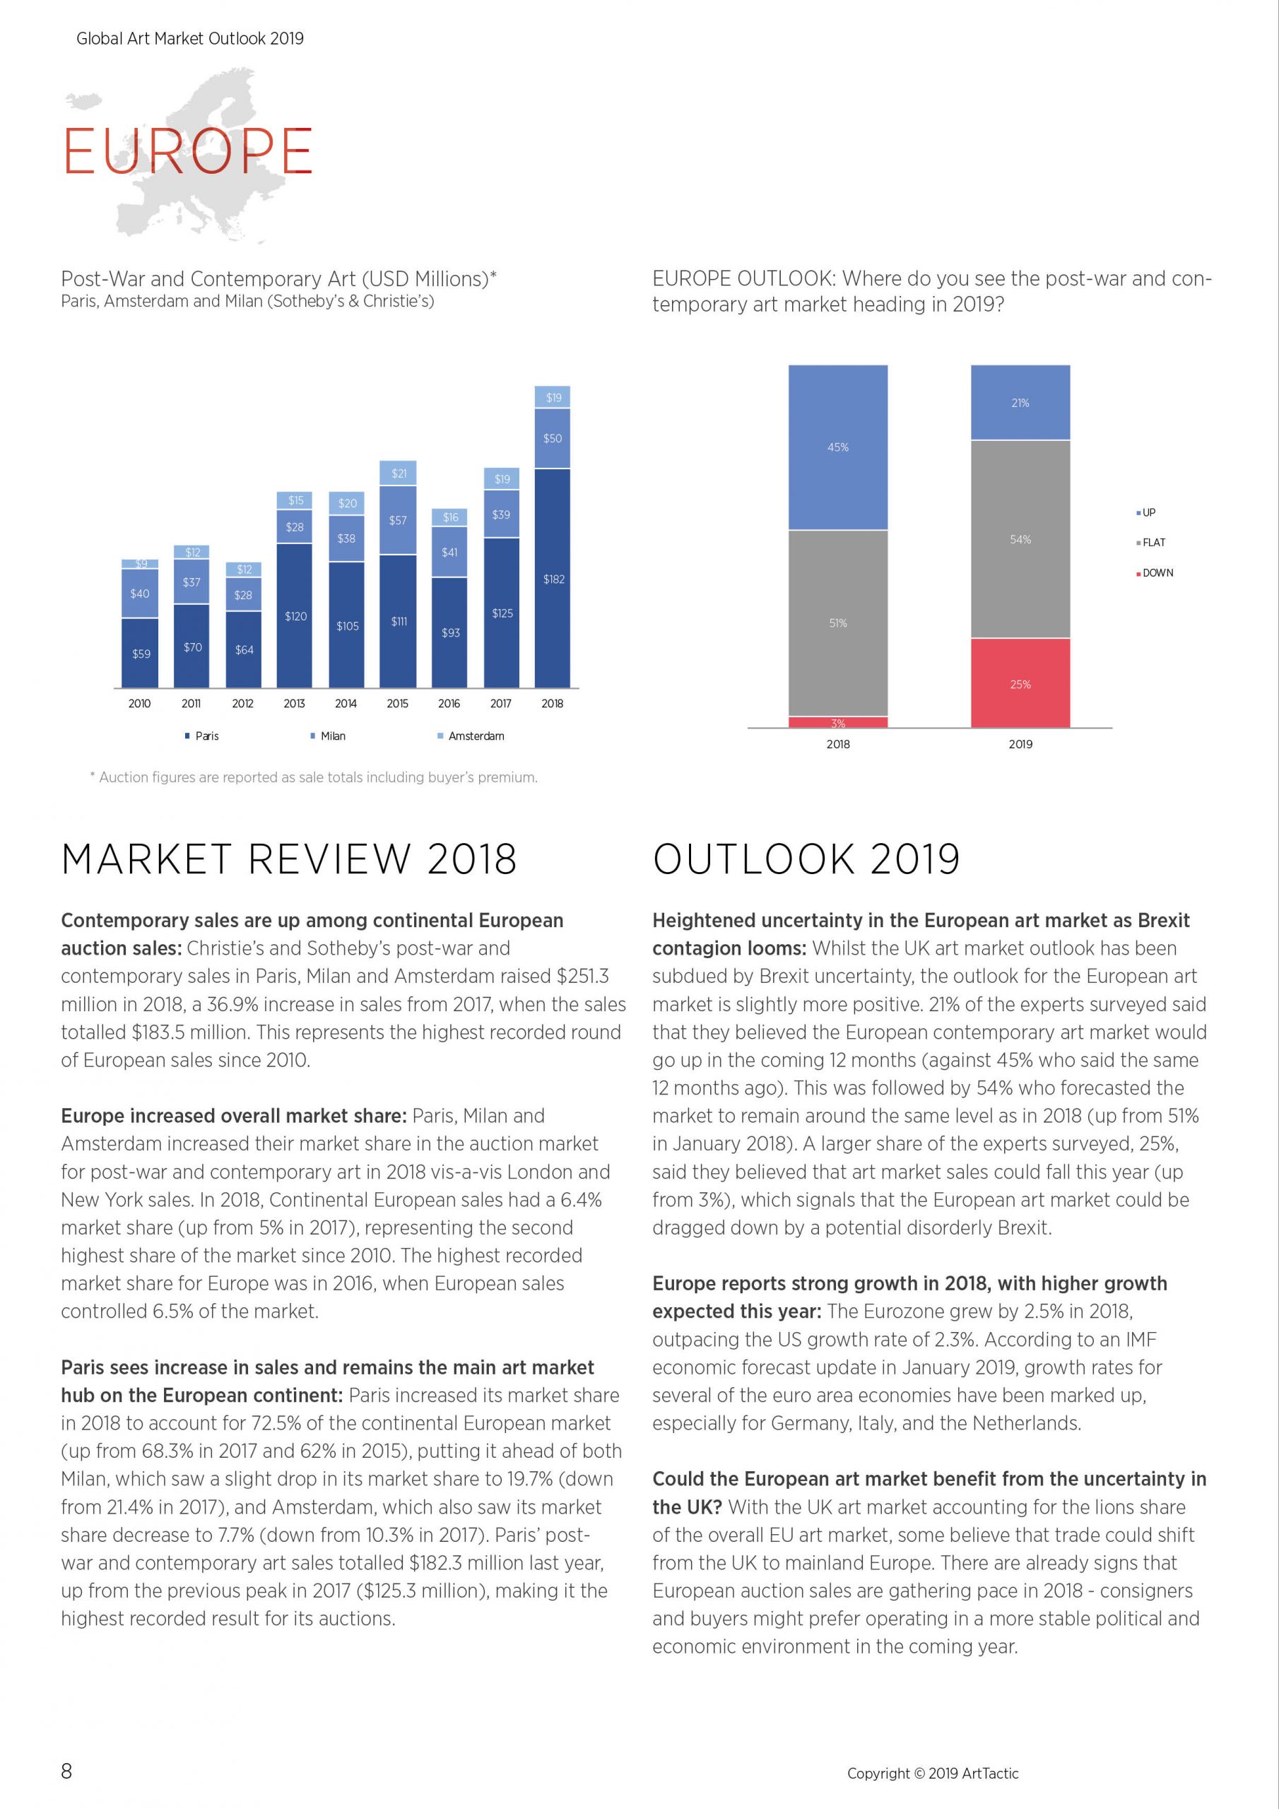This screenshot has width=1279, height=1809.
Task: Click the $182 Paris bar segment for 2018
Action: (x=553, y=578)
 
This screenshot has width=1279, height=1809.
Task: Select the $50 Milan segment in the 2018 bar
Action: (x=553, y=438)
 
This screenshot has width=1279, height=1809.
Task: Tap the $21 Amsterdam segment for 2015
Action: (x=398, y=473)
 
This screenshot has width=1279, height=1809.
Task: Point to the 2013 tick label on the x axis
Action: (x=294, y=704)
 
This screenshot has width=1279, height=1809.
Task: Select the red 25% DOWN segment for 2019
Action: (x=1020, y=683)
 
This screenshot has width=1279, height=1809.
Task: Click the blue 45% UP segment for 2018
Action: (x=837, y=447)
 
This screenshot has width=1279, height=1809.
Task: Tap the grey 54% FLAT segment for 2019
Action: (x=1020, y=539)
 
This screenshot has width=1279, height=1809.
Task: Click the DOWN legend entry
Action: (x=1155, y=573)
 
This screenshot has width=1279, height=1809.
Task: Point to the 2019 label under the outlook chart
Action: (x=1020, y=744)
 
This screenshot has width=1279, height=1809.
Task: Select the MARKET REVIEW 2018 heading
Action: (x=289, y=859)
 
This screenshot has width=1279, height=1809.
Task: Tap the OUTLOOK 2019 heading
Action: (x=806, y=859)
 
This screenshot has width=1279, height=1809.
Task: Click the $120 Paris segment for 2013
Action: (x=295, y=616)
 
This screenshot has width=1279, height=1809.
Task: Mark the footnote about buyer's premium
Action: (x=314, y=777)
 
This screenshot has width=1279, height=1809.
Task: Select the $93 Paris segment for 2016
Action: (x=450, y=632)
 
